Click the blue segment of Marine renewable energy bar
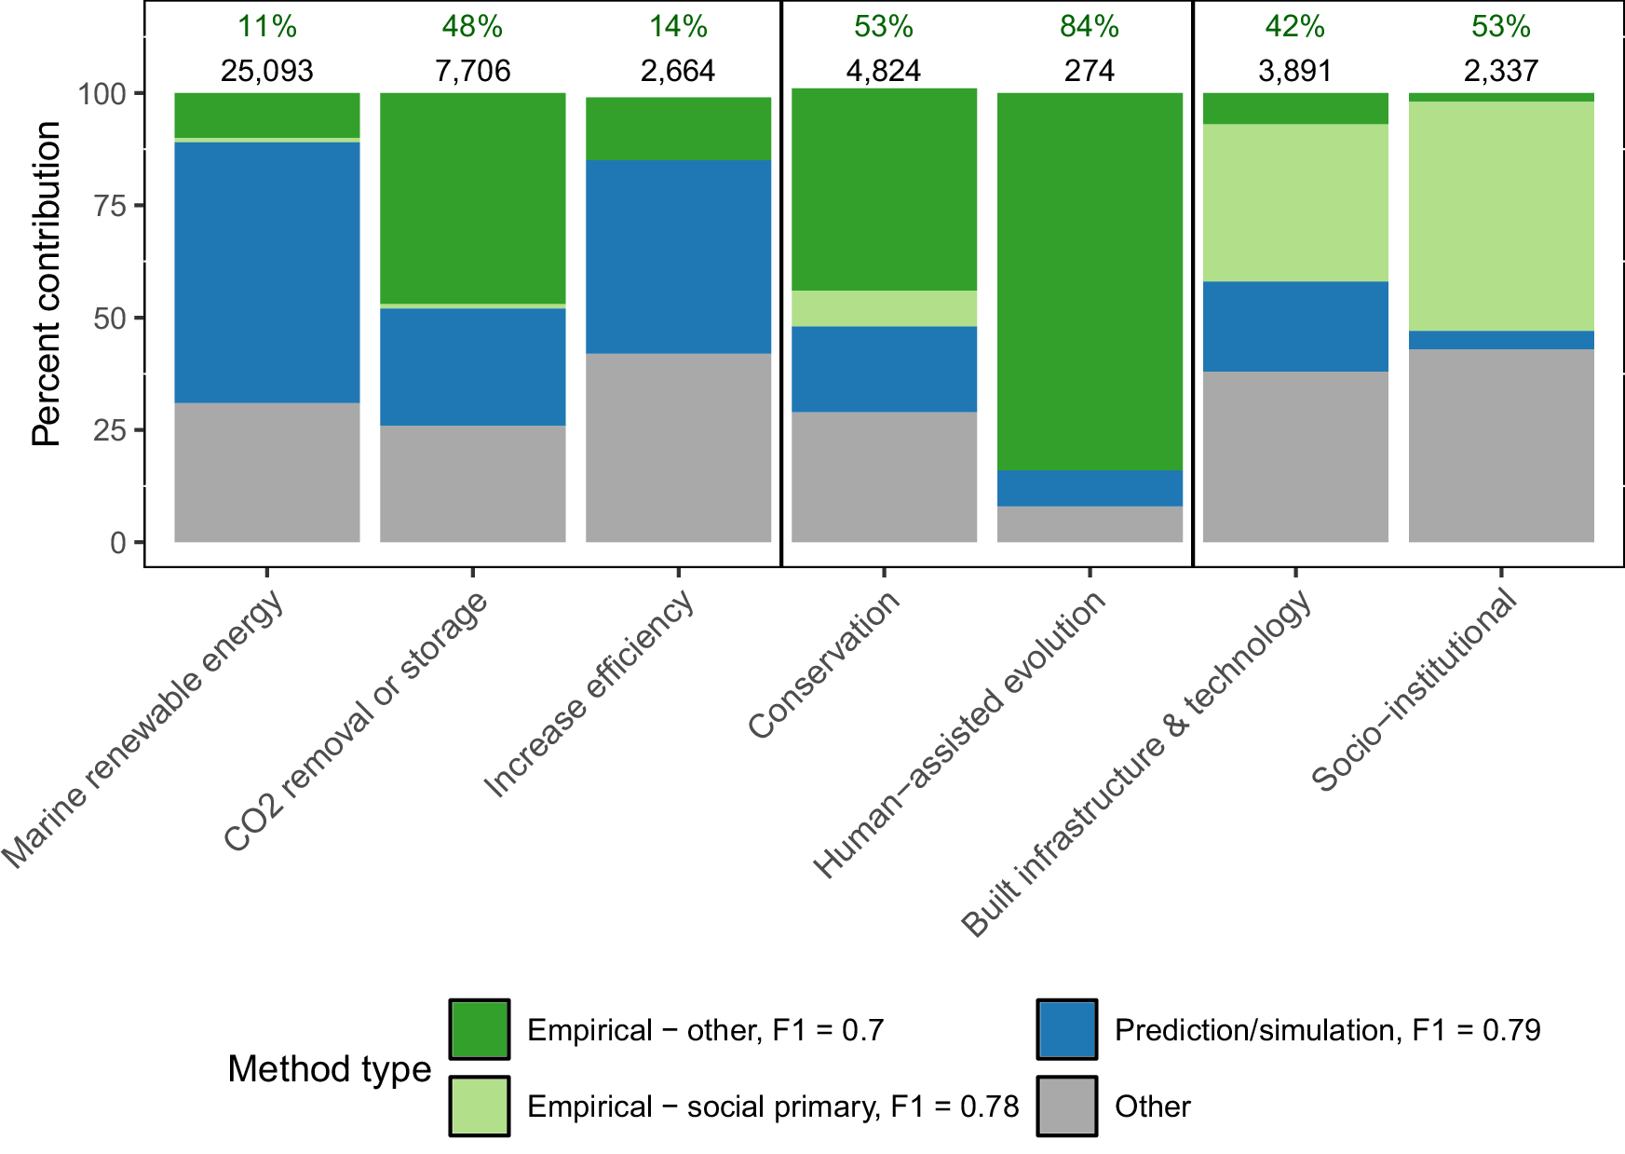pyautogui.click(x=267, y=272)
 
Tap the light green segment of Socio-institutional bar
pyautogui.click(x=1501, y=215)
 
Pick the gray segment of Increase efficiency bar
pyautogui.click(x=678, y=447)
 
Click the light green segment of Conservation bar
pyautogui.click(x=884, y=308)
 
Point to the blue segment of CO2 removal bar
pyautogui.click(x=472, y=367)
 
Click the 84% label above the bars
pyautogui.click(x=1090, y=26)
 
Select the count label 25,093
pyautogui.click(x=267, y=71)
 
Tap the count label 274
pyautogui.click(x=1090, y=71)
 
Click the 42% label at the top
pyautogui.click(x=1294, y=26)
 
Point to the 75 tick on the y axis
pyautogui.click(x=110, y=206)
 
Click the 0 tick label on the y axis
pyautogui.click(x=118, y=542)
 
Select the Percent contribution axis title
pyautogui.click(x=46, y=284)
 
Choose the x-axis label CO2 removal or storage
pyautogui.click(x=357, y=722)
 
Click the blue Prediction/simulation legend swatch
pyautogui.click(x=1066, y=1029)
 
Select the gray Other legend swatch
pyautogui.click(x=1066, y=1106)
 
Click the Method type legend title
pyautogui.click(x=329, y=1068)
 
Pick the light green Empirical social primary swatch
pyautogui.click(x=479, y=1106)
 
